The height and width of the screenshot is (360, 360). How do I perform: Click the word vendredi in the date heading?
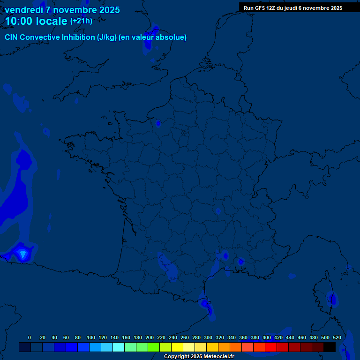[23, 10]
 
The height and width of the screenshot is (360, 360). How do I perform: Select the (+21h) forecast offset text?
[81, 21]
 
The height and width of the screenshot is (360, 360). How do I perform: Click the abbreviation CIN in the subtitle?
[12, 37]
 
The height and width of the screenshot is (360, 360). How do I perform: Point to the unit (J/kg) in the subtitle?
[107, 37]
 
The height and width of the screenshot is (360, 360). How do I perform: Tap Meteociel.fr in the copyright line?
[219, 357]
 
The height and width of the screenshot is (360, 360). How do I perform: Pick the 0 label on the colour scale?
[30, 337]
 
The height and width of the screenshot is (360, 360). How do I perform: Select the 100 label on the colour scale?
[91, 337]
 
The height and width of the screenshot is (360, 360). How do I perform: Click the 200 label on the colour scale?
[150, 337]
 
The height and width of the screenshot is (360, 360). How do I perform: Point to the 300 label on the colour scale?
[208, 337]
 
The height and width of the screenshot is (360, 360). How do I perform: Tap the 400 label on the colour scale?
[267, 337]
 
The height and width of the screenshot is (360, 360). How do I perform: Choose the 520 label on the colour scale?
[337, 337]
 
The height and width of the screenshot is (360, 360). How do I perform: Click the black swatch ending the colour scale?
[330, 347]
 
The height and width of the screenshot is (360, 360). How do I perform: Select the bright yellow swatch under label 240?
[177, 347]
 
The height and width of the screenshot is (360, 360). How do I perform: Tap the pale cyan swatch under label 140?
[119, 347]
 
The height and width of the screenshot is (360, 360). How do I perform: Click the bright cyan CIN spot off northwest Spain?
[22, 254]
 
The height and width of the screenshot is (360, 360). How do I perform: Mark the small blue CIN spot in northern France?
[158, 123]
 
